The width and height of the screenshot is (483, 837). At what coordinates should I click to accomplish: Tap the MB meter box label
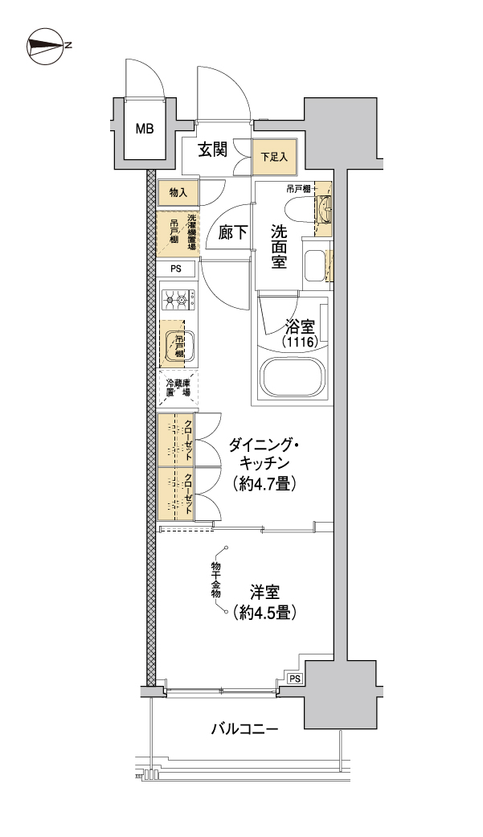point(145,129)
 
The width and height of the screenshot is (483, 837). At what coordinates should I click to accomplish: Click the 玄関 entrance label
point(212,150)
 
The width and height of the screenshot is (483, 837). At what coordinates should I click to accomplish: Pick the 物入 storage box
point(178,193)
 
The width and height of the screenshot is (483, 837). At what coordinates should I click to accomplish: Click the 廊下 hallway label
point(233,233)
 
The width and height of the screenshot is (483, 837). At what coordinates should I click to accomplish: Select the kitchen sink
point(178,344)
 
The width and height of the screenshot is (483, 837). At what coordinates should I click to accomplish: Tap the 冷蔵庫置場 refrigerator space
point(178,389)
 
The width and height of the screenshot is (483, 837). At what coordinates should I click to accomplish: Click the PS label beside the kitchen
point(177,269)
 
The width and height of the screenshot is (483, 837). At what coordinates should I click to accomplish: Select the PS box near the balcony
point(295,679)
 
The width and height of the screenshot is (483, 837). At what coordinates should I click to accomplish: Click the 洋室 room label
point(264,592)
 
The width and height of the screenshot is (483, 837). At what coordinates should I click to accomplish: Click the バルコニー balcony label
point(244,730)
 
